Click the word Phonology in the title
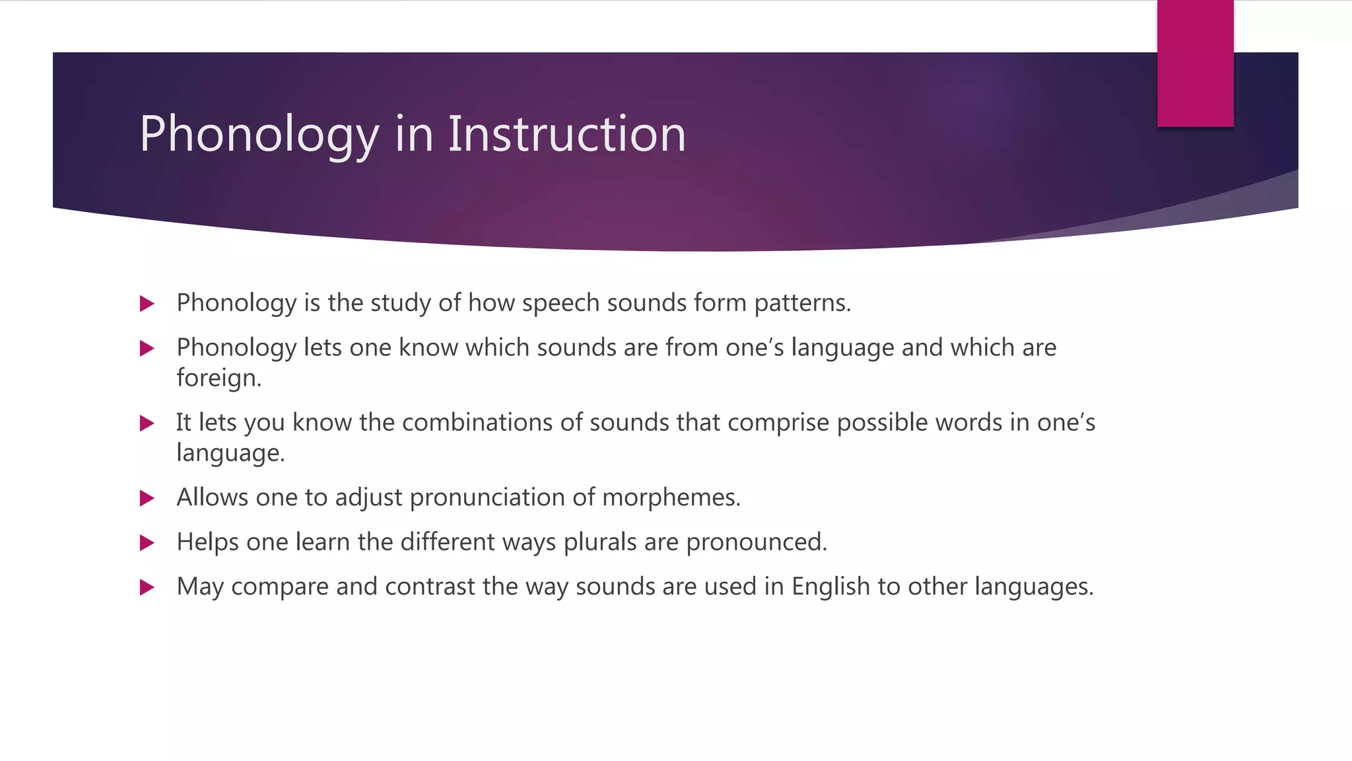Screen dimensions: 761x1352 (x=259, y=135)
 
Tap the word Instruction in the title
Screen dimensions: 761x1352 (x=567, y=134)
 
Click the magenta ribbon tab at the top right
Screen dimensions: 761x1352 (x=1195, y=64)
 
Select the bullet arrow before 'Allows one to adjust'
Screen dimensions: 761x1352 (x=147, y=498)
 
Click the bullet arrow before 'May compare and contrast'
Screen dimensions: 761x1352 (x=147, y=587)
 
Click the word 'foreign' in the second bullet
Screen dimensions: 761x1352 (x=218, y=379)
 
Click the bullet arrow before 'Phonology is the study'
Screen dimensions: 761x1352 (x=147, y=304)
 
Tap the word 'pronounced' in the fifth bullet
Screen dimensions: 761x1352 (x=756, y=542)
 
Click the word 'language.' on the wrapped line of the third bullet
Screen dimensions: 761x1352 (x=230, y=454)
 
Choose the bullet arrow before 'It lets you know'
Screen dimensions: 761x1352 (x=147, y=423)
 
